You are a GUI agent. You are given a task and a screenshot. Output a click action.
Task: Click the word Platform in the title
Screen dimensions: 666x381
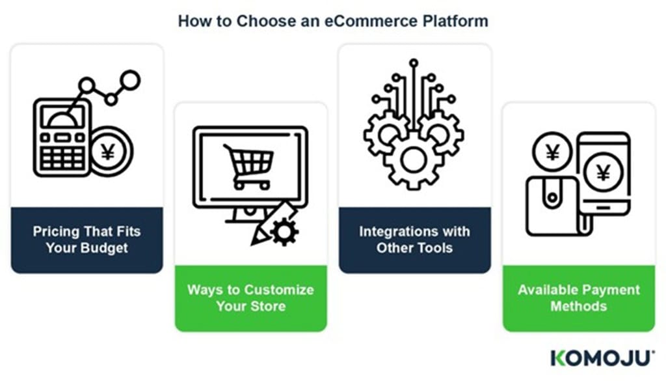click(x=455, y=21)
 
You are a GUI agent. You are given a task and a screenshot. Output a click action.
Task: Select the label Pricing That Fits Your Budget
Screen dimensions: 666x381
click(x=87, y=240)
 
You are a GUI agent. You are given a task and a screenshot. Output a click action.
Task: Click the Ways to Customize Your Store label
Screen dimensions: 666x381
click(x=250, y=298)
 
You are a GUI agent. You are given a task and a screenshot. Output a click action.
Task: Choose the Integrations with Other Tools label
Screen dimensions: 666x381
click(x=414, y=240)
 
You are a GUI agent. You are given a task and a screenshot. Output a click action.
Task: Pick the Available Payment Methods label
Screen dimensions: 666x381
click(x=578, y=298)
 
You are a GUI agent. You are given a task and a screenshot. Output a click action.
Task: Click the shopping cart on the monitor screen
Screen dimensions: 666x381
click(x=249, y=166)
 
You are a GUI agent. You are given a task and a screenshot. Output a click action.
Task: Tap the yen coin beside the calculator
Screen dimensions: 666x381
click(x=109, y=152)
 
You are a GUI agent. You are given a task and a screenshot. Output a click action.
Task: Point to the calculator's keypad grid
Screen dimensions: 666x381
click(x=62, y=158)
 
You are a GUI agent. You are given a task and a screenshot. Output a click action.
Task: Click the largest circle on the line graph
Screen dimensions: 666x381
click(x=130, y=80)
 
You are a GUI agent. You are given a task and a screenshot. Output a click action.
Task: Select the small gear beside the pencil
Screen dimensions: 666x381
click(x=284, y=231)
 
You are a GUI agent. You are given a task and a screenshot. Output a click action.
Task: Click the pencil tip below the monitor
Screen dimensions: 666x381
click(x=254, y=242)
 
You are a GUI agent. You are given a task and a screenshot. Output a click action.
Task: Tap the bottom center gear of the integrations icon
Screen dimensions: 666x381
click(x=413, y=161)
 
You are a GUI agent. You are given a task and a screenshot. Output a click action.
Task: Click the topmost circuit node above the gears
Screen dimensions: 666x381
click(x=413, y=63)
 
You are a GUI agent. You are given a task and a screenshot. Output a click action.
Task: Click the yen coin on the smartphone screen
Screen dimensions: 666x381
click(x=603, y=172)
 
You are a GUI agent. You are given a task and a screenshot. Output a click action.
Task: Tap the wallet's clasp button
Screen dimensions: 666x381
click(x=552, y=198)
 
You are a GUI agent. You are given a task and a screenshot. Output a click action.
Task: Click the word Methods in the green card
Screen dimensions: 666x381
click(x=578, y=306)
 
